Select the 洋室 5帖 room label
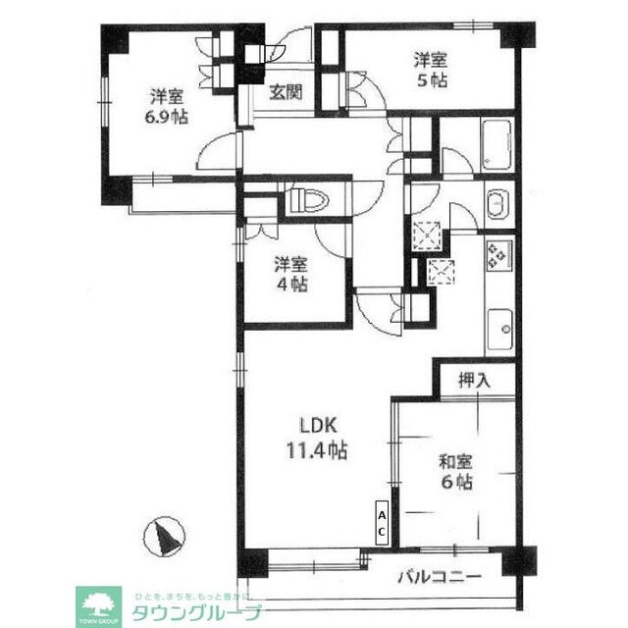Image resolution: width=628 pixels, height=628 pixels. click(431, 72)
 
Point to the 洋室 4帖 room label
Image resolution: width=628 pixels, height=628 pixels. click(291, 274)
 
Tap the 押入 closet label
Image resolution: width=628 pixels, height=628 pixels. click(473, 379)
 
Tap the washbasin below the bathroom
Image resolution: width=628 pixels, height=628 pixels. click(496, 204)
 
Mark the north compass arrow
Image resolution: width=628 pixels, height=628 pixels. click(165, 537)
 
